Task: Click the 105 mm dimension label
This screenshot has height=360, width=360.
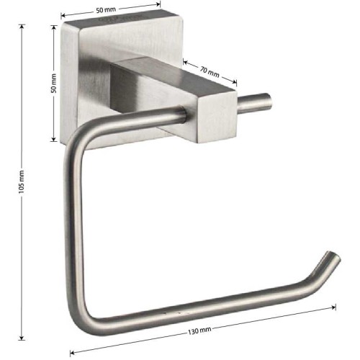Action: coord(22,182)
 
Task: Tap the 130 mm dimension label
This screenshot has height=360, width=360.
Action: coord(199,330)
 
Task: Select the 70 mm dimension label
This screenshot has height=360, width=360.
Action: coord(210,72)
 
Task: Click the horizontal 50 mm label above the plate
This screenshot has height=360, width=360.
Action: coord(106,10)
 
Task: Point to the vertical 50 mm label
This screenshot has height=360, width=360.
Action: coord(54,84)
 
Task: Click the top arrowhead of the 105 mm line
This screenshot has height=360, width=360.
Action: coord(22,27)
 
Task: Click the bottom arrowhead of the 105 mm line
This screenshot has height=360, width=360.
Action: coord(22,338)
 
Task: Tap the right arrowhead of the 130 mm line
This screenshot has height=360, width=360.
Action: coord(333,307)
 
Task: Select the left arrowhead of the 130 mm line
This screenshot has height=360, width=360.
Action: coord(72,353)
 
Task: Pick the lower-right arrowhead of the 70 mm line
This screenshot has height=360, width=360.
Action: coord(234,82)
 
